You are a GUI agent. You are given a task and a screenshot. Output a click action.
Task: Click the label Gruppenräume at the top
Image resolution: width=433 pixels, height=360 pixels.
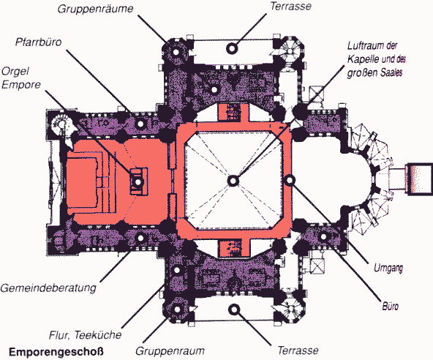click(x=95, y=9)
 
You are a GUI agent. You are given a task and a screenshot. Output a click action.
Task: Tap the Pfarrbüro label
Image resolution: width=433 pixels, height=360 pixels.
click(x=38, y=42)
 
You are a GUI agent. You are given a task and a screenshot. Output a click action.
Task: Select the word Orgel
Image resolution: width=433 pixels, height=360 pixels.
click(x=15, y=71)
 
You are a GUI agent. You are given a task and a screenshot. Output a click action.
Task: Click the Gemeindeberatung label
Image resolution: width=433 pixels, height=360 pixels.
click(x=48, y=288)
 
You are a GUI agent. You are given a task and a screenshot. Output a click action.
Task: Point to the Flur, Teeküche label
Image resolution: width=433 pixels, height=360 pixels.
click(x=86, y=335)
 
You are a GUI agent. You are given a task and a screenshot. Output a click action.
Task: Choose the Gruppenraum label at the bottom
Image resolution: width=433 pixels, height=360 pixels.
click(x=170, y=351)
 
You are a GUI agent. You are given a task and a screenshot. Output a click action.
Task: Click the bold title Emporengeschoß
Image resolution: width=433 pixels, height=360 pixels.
click(x=56, y=352)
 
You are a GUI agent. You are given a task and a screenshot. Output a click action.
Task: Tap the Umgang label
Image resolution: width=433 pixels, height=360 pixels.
click(x=388, y=268)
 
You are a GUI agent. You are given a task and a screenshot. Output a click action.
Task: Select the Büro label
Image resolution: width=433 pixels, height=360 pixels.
click(x=390, y=307)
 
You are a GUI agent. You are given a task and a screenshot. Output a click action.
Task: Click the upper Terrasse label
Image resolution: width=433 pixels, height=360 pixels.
click(x=291, y=6)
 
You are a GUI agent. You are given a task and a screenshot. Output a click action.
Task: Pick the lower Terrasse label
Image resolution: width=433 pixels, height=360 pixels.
click(x=298, y=350)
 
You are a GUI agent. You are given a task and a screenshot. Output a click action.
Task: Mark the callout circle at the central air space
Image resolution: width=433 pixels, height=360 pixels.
click(x=233, y=181)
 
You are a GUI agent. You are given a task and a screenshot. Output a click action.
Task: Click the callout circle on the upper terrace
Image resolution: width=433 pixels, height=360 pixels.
click(x=232, y=48)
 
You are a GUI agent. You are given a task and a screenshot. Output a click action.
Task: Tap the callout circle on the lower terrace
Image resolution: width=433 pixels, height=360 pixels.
click(x=234, y=310)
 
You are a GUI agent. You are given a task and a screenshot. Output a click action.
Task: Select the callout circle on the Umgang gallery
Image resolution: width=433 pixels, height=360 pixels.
click(x=290, y=181)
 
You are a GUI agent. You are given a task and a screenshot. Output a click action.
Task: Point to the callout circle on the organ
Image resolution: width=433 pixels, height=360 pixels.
click(x=138, y=182)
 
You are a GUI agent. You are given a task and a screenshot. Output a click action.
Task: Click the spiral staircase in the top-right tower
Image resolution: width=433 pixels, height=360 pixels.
click(x=290, y=51)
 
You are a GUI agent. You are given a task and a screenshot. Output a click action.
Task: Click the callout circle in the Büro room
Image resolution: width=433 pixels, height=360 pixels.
click(x=323, y=236)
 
